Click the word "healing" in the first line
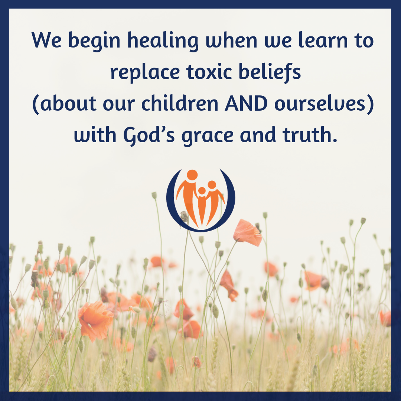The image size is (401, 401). tap(163, 41)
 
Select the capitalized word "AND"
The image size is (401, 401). tap(246, 104)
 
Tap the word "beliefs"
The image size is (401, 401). tap(270, 72)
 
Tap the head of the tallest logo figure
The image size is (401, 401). tap(192, 175)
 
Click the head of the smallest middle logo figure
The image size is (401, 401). tap(202, 191)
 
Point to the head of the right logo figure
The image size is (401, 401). tap(212, 185)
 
